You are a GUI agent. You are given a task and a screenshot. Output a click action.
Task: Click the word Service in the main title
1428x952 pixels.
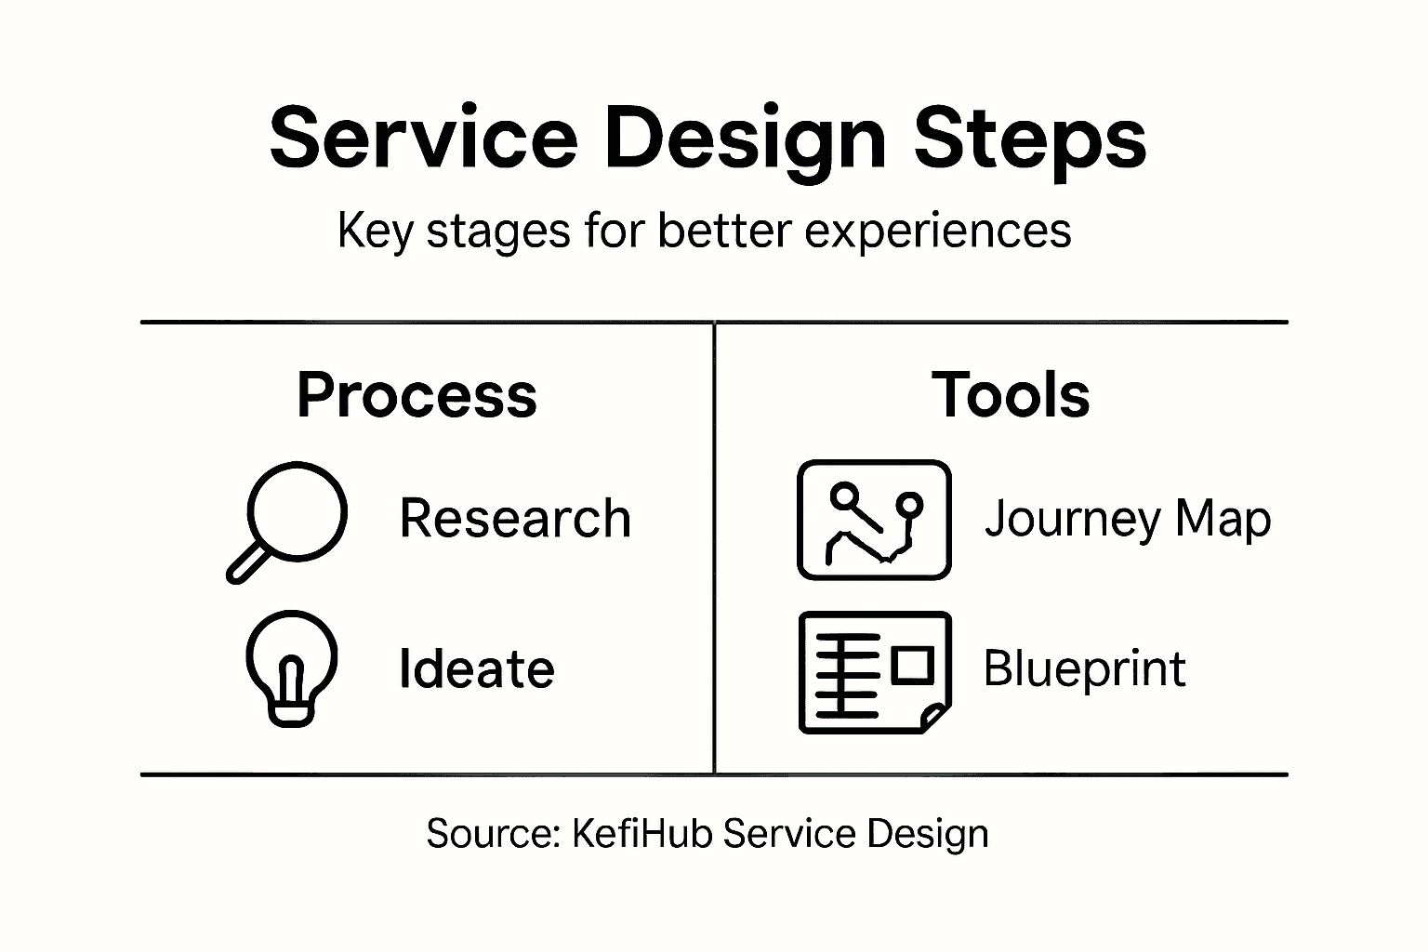coord(423,138)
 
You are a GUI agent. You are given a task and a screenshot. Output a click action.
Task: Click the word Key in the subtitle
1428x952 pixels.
coord(374,230)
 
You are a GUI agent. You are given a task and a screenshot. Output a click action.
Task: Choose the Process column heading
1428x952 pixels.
coord(416,395)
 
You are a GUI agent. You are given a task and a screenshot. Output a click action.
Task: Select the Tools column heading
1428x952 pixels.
coord(1011,395)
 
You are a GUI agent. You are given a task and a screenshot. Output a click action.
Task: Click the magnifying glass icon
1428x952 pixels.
coord(296,513)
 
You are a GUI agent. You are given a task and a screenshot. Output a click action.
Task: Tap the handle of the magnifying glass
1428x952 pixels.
coord(246,563)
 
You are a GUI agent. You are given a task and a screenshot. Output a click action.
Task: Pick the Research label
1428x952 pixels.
coord(515,518)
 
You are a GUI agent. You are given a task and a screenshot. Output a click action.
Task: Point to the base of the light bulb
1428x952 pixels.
coord(291,714)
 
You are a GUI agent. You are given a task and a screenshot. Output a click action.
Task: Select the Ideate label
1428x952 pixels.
coord(476,668)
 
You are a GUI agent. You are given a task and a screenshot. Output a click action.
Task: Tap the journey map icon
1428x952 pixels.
coord(874,520)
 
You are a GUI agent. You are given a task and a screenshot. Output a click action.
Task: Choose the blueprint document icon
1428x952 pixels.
coord(874,672)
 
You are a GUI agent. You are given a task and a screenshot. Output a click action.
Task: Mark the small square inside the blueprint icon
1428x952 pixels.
coord(912,665)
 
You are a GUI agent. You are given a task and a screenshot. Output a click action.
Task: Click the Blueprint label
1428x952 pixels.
coord(1084,668)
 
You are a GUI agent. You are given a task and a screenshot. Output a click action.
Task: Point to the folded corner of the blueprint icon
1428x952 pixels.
coord(934,718)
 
